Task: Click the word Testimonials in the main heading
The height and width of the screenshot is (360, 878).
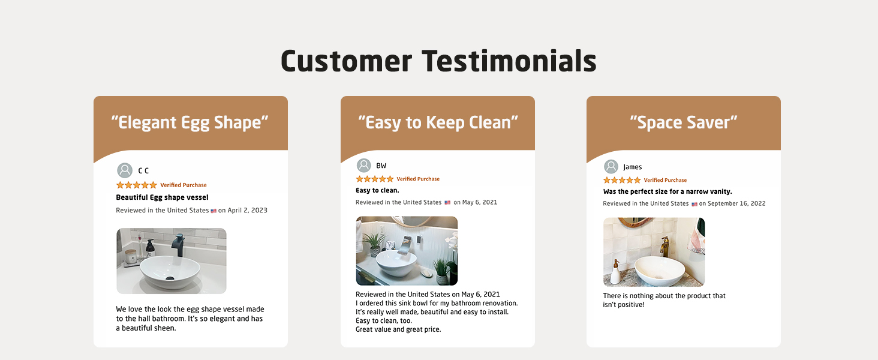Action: click(x=509, y=61)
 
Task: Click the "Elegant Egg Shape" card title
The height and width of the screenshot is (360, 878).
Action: click(x=190, y=123)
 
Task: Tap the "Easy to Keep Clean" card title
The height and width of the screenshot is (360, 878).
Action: click(x=438, y=123)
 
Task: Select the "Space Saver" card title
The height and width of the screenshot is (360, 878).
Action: click(x=684, y=123)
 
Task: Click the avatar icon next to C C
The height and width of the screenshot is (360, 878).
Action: click(x=125, y=170)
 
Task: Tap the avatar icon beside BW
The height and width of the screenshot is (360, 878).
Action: click(x=364, y=166)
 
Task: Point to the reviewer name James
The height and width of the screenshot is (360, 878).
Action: click(x=633, y=167)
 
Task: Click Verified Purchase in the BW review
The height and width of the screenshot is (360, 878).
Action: click(x=418, y=179)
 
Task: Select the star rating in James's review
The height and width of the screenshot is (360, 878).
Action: click(x=622, y=180)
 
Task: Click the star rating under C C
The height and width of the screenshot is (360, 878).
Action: click(x=136, y=185)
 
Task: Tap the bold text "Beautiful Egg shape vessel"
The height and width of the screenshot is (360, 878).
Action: click(x=163, y=197)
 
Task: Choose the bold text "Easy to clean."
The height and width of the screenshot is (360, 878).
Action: click(x=377, y=190)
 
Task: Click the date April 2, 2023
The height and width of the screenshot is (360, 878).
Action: click(x=247, y=210)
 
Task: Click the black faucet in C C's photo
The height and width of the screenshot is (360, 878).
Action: click(x=178, y=245)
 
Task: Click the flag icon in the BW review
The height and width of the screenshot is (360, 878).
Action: click(x=447, y=203)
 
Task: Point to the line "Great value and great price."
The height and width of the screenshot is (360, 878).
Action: click(x=398, y=329)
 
